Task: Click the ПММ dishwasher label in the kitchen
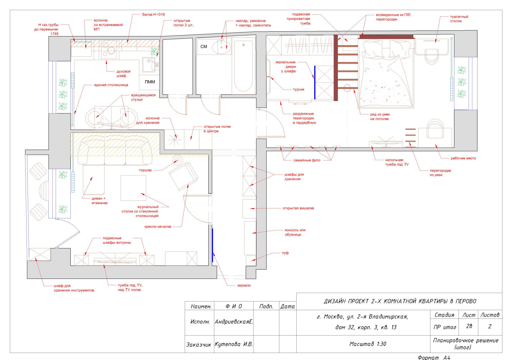click(x=150, y=82)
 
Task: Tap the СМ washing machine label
click(x=204, y=47)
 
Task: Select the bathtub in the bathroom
click(x=244, y=66)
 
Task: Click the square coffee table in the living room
click(x=133, y=188)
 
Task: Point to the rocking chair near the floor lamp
click(x=184, y=176)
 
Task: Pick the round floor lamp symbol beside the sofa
click(x=177, y=159)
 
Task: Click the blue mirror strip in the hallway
click(x=212, y=245)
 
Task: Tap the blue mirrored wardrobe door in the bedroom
click(x=315, y=83)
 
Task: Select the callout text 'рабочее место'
click(x=463, y=158)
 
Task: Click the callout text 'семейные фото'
click(x=307, y=160)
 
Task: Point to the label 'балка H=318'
click(x=153, y=14)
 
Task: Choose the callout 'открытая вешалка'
click(x=298, y=208)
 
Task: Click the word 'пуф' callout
click(x=285, y=253)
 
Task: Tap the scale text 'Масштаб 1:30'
click(x=368, y=344)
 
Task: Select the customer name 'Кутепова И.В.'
click(x=234, y=344)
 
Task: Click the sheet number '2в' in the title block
click(x=469, y=326)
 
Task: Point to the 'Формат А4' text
click(x=434, y=357)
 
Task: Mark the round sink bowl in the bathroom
click(x=221, y=47)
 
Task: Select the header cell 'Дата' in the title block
click(x=288, y=306)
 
